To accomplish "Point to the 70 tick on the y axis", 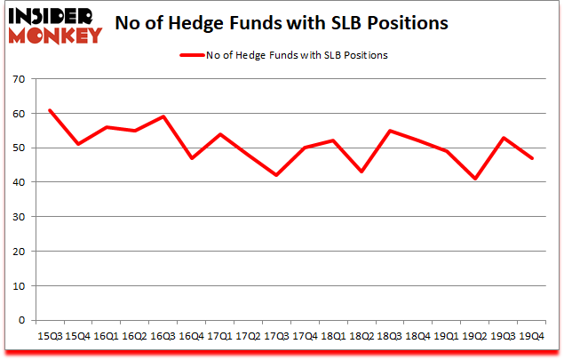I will pos(18,79).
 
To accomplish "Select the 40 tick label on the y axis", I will pos(18,182).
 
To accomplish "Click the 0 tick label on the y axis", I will pos(21,320).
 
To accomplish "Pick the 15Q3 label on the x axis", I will pos(50,337).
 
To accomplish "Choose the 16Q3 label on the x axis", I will pos(163,337).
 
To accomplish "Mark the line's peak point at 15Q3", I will pos(50,110).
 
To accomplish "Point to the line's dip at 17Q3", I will pos(275,175).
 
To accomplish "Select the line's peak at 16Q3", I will pos(163,116).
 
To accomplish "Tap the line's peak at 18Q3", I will pos(388,131).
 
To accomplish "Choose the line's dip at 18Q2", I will pos(360,172).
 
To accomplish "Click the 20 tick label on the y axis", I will pos(18,252).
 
